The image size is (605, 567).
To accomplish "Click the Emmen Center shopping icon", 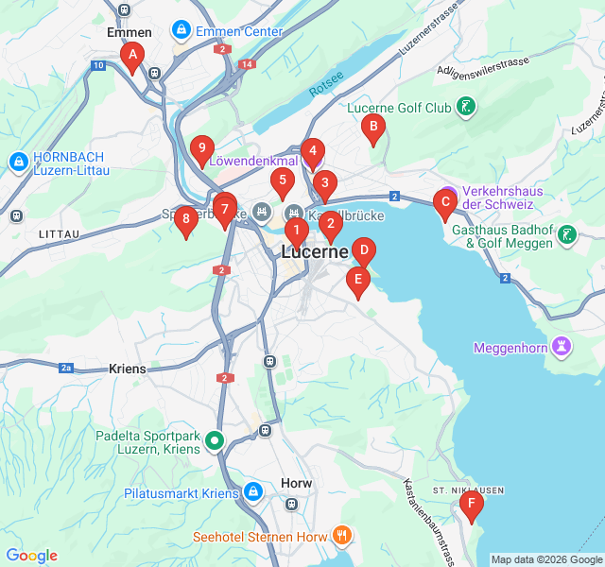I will (x=180, y=31).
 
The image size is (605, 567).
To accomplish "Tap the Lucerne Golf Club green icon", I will (x=465, y=108).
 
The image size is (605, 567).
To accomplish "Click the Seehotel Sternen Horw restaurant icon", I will (x=341, y=536).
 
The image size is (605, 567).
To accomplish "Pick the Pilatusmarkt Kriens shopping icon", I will (x=252, y=492).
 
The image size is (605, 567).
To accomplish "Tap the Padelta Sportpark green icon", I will (x=215, y=439).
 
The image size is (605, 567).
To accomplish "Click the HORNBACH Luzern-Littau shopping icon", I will (x=18, y=163).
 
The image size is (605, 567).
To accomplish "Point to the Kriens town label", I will (x=128, y=369).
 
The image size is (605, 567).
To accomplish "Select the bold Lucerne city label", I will (x=316, y=252).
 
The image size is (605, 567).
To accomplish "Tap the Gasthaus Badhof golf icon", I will (x=566, y=235).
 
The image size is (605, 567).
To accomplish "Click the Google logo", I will (x=31, y=556).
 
